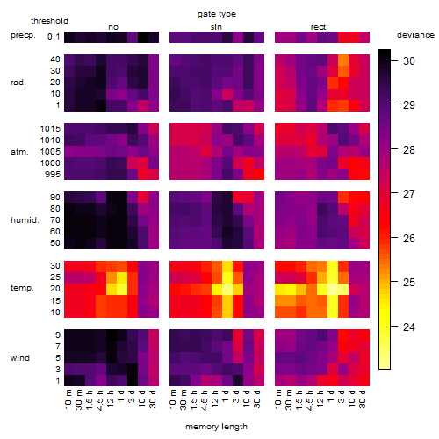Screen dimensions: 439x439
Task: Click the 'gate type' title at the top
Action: click(x=217, y=14)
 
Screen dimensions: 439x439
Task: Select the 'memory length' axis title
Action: click(x=216, y=427)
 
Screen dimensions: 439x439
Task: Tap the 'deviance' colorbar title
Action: click(x=415, y=35)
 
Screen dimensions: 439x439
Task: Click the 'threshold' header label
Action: click(x=49, y=21)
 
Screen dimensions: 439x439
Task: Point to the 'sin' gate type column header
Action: click(x=216, y=27)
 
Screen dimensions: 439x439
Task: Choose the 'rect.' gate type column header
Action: click(x=320, y=27)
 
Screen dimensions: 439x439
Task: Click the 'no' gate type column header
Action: click(x=113, y=27)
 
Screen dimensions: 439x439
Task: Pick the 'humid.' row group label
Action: click(x=25, y=220)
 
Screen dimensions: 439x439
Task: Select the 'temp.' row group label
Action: click(x=22, y=288)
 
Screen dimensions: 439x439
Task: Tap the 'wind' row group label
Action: click(x=20, y=358)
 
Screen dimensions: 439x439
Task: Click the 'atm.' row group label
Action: click(x=19, y=152)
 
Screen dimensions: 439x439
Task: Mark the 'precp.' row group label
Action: click(x=23, y=35)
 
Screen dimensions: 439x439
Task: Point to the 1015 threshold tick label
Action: click(x=50, y=129)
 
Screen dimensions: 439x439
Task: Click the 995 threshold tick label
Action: click(x=53, y=175)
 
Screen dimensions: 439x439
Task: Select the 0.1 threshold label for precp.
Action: click(x=54, y=37)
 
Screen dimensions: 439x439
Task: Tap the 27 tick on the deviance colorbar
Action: click(x=409, y=194)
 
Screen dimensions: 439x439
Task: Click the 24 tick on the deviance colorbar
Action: click(x=409, y=327)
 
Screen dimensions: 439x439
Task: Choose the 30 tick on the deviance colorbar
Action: click(x=409, y=61)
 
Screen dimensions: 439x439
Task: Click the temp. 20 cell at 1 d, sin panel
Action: click(x=227, y=289)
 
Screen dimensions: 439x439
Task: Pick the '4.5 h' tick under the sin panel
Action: click(x=205, y=399)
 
